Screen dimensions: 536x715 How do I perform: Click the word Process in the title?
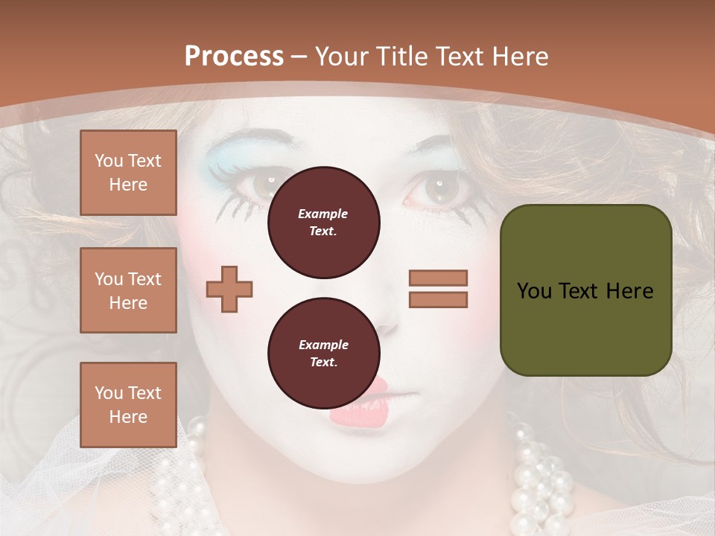coord(234,57)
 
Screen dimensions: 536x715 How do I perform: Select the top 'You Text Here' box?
coord(128,173)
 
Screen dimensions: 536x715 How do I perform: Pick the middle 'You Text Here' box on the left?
coord(128,290)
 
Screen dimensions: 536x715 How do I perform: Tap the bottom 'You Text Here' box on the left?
coord(128,404)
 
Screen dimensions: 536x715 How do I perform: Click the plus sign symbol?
coord(229,289)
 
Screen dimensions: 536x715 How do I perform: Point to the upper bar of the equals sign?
coord(438,278)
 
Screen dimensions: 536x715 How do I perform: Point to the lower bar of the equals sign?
coord(438,299)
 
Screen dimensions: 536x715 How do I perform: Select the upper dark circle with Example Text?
coord(323,222)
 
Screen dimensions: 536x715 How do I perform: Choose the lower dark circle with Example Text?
coord(323,353)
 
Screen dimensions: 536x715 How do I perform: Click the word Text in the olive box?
coord(585,291)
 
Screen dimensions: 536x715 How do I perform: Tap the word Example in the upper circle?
coord(323,214)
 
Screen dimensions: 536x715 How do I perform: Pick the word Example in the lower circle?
coord(323,345)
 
